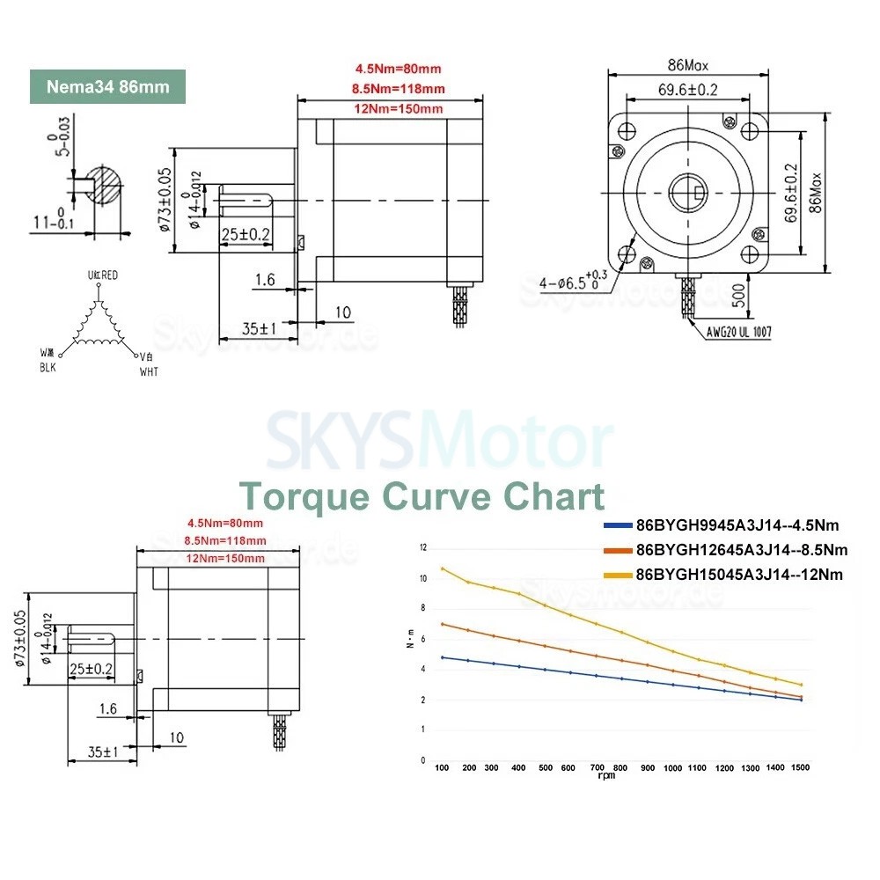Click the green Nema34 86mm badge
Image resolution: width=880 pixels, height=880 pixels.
[109, 87]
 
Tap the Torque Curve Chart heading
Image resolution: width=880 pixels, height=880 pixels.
[422, 495]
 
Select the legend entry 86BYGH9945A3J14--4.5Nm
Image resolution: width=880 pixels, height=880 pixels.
[737, 525]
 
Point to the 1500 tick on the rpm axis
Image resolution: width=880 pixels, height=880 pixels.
[800, 768]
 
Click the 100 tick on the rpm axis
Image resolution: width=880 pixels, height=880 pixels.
[443, 768]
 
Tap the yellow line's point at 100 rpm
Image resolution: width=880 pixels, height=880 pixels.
[443, 568]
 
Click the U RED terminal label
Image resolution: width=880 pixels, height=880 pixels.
[103, 275]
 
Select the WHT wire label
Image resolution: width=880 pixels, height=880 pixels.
[149, 372]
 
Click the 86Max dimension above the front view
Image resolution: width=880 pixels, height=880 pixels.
[687, 64]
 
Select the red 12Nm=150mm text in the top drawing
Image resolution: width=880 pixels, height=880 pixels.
[399, 108]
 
